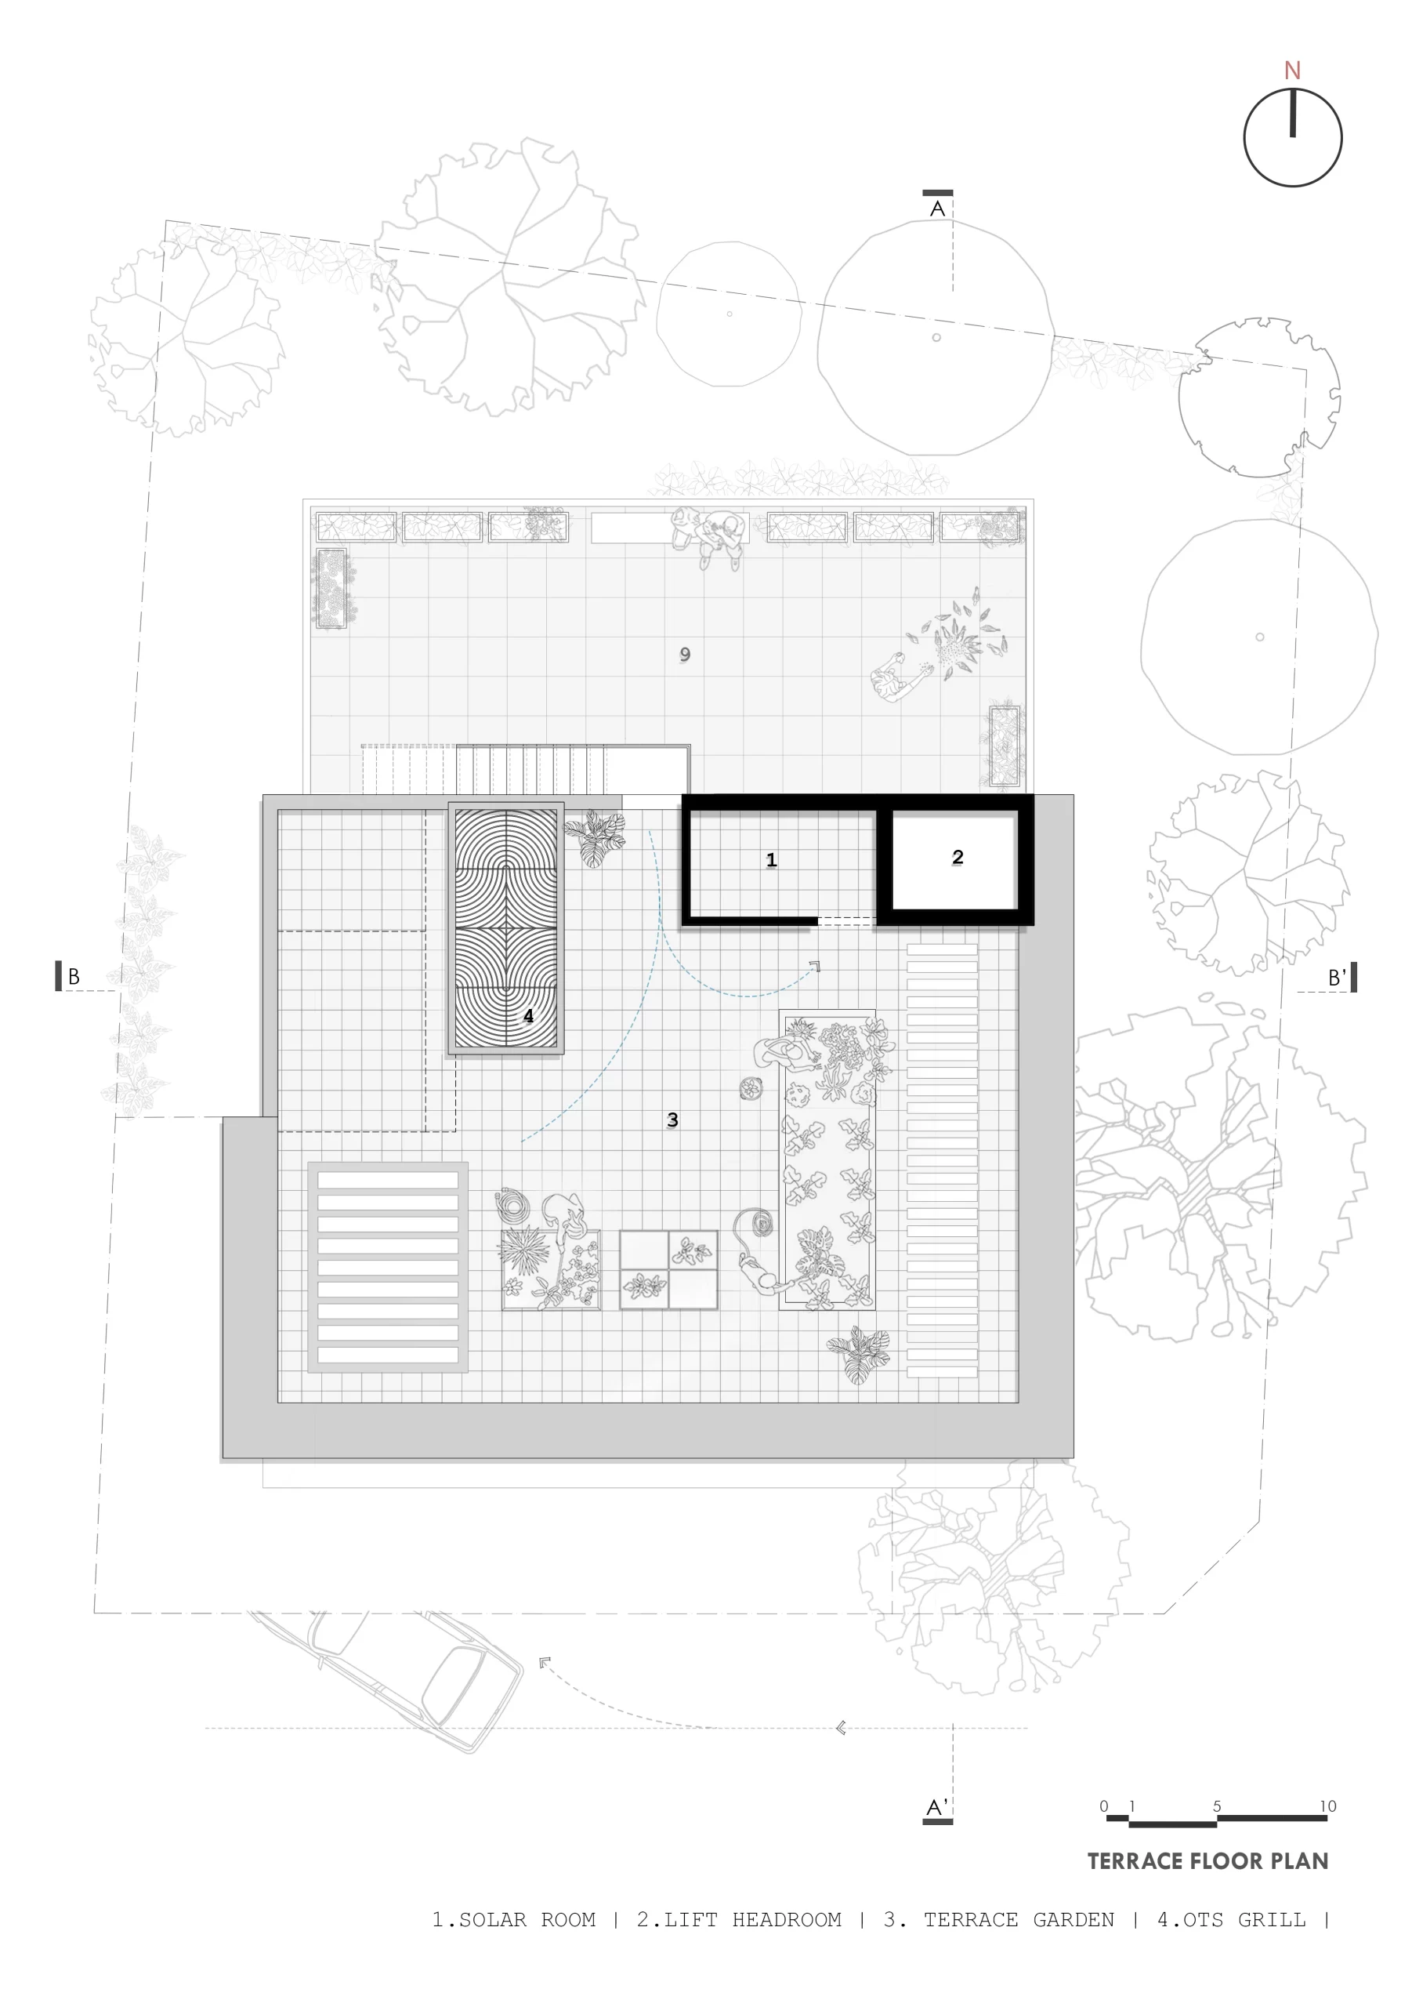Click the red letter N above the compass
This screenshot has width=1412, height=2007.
(1292, 70)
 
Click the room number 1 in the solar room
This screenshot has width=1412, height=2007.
(771, 860)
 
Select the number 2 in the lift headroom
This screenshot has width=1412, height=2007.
(958, 858)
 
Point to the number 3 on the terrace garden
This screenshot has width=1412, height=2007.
(672, 1120)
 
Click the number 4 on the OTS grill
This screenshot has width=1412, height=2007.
(528, 1016)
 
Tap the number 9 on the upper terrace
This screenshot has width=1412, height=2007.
(685, 654)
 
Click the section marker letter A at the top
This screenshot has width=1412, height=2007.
(938, 209)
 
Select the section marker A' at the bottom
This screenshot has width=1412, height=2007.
(936, 1808)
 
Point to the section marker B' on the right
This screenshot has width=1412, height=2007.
(1337, 978)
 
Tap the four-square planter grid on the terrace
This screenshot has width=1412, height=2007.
(668, 1269)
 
